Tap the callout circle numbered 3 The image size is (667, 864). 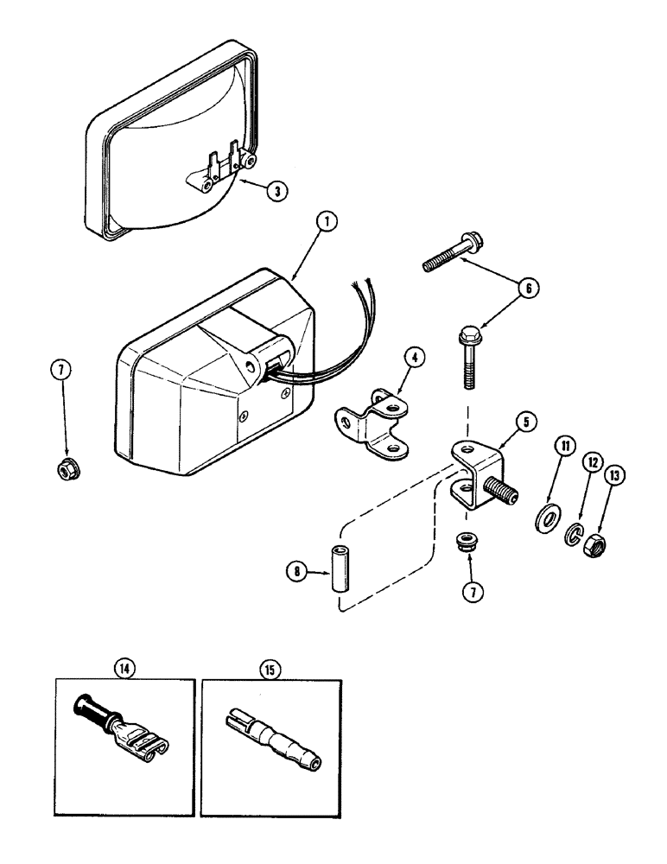tap(273, 192)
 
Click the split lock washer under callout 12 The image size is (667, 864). tap(573, 536)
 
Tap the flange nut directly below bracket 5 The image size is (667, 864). tap(467, 543)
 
